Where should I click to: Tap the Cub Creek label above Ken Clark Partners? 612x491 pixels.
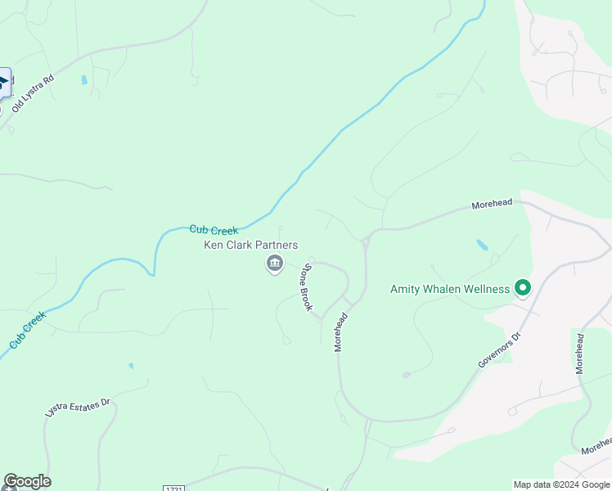tap(214, 231)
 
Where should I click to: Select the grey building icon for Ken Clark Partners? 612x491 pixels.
tap(274, 264)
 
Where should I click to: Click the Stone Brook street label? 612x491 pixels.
tap(307, 287)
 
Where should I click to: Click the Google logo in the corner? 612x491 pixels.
tap(27, 481)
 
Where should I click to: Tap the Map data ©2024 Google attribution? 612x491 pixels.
tap(561, 484)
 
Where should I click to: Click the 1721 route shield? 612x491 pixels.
tap(174, 489)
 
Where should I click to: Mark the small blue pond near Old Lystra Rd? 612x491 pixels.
tap(83, 80)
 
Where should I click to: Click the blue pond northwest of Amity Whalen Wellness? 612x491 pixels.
tap(482, 245)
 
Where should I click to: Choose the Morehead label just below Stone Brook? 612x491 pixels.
tap(342, 331)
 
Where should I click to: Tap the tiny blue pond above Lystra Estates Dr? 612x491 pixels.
tap(131, 366)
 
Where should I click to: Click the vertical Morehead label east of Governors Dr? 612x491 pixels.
tap(580, 354)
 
